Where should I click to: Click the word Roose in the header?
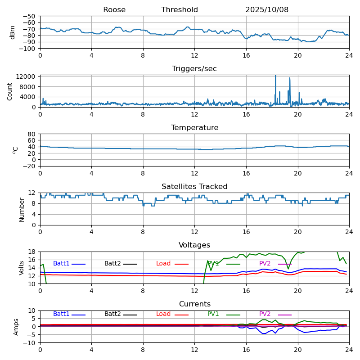coord(114,10)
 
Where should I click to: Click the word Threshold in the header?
coord(180,10)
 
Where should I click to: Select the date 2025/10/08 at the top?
coord(267,10)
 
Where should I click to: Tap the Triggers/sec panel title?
coord(194,69)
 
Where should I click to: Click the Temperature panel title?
coord(194,128)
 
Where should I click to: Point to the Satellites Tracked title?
coord(194,187)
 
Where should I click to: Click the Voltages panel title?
coord(194,245)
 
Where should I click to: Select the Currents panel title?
coord(194,304)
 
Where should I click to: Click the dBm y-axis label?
coord(13,32)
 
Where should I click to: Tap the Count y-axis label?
coord(10,91)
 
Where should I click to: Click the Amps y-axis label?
coord(16,327)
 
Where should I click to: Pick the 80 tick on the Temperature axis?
coord(32,134)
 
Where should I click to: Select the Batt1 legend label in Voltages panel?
coord(61,264)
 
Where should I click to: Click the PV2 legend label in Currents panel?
coord(265,314)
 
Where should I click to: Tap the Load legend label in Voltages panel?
coord(163,264)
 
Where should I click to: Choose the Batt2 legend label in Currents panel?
coord(112,314)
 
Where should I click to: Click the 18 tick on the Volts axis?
coord(32,252)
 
